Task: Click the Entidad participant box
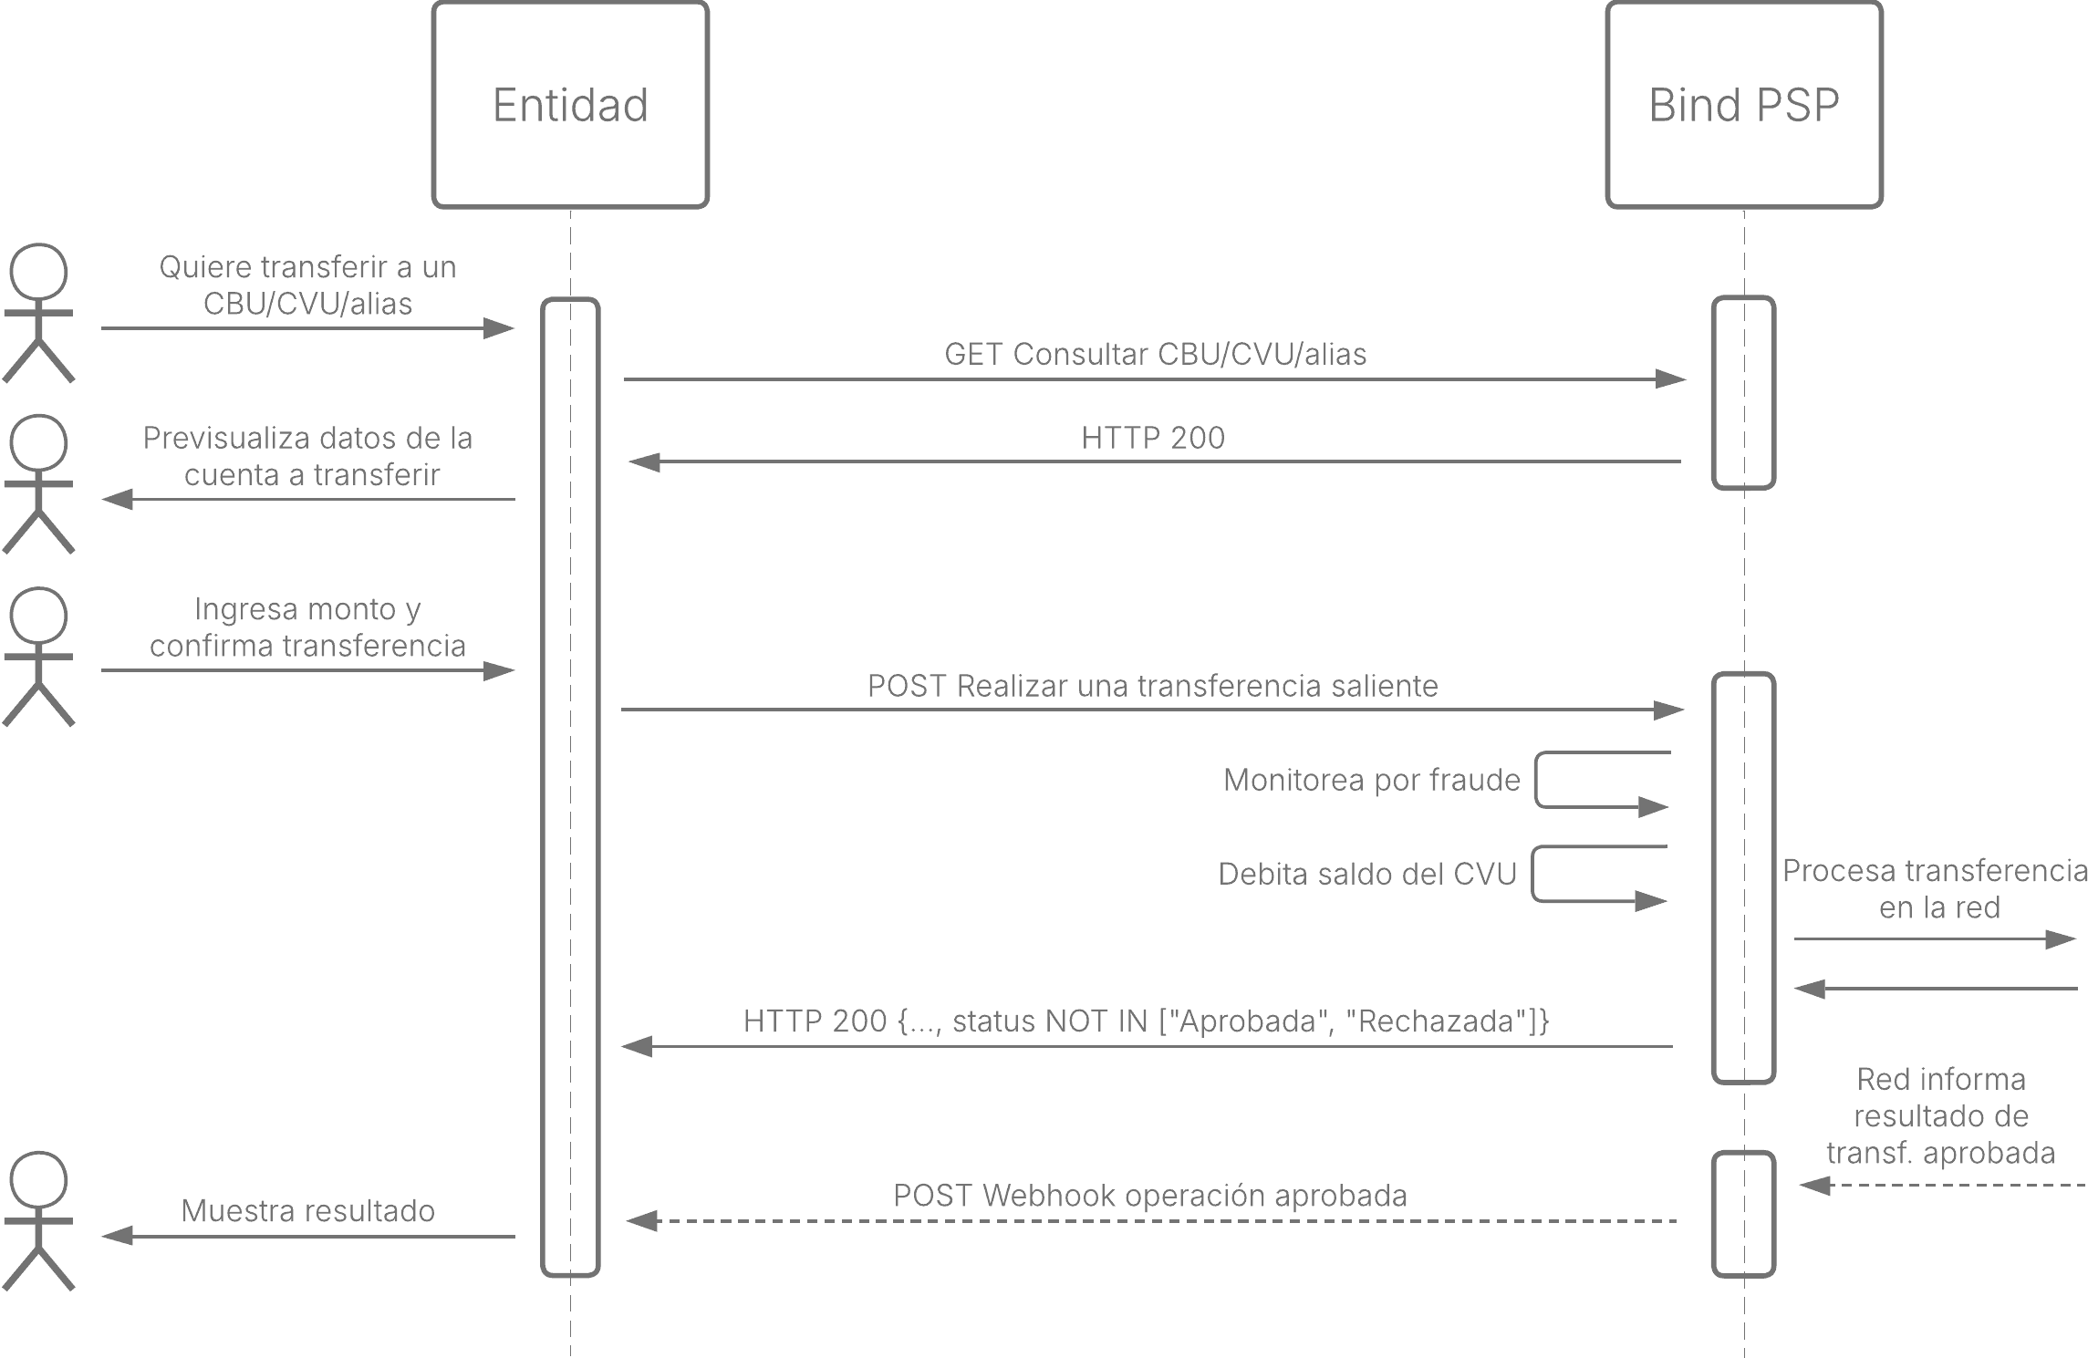(570, 105)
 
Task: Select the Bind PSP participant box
(1744, 105)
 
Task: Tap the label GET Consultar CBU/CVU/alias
(1155, 354)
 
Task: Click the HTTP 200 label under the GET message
(1153, 438)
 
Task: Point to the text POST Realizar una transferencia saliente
(1152, 686)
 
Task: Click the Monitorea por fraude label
(1372, 780)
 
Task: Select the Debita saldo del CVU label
(1367, 874)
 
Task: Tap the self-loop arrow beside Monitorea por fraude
(1537, 780)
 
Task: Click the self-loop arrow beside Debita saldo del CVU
(1533, 874)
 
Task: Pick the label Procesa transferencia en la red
(1935, 889)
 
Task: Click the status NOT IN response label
(1146, 1021)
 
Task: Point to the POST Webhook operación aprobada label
(1149, 1196)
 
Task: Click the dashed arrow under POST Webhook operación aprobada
(1152, 1220)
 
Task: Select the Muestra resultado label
(308, 1210)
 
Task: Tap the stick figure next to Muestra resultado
(38, 1220)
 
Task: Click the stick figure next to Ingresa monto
(38, 657)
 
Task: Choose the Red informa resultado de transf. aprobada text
(1940, 1115)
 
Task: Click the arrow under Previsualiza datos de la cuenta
(308, 499)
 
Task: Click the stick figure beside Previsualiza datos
(38, 484)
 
